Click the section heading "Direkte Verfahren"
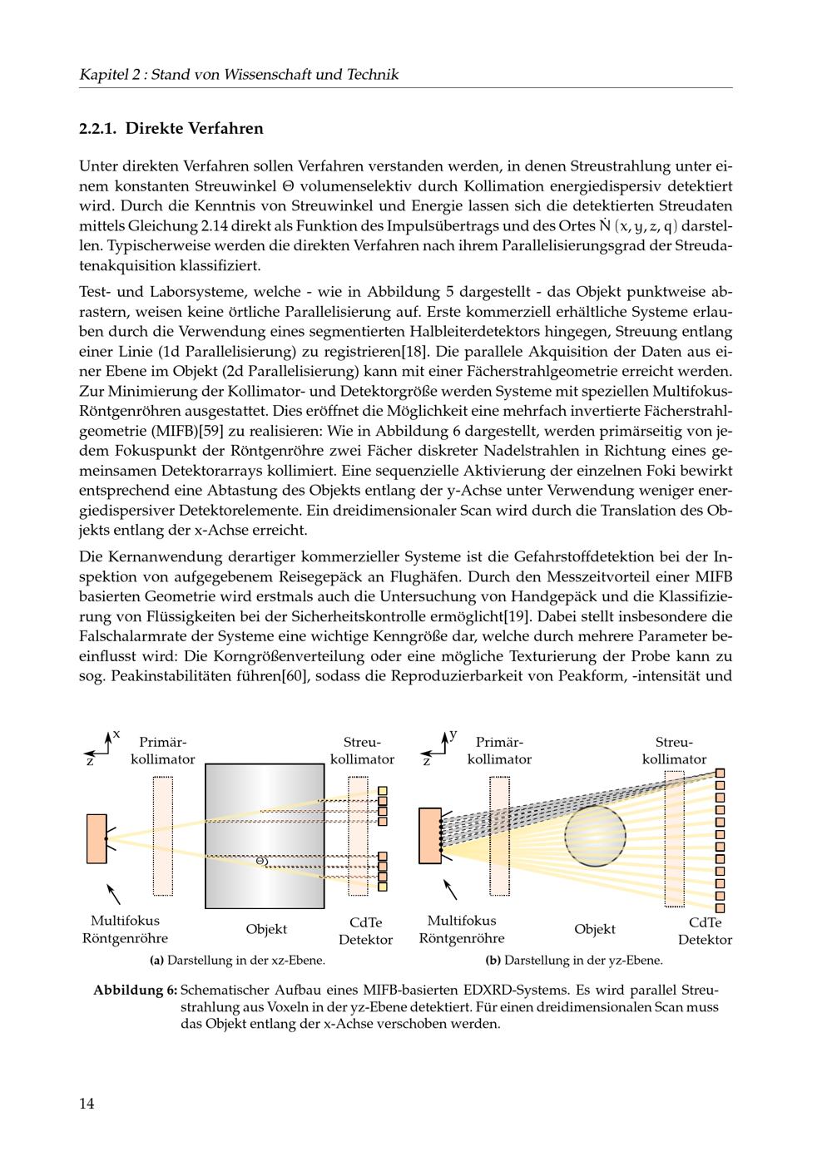[194, 129]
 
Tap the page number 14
[87, 1104]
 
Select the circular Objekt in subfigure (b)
[595, 838]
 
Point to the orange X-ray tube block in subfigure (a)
[97, 838]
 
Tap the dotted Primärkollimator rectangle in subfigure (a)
[163, 835]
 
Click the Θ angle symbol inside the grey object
[260, 861]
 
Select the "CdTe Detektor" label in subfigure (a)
[365, 931]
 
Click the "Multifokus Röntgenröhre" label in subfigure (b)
[461, 930]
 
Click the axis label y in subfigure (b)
[453, 734]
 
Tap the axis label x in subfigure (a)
[116, 734]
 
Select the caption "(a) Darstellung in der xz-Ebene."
[237, 961]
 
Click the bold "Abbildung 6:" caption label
[135, 991]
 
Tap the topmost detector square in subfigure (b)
[721, 773]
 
